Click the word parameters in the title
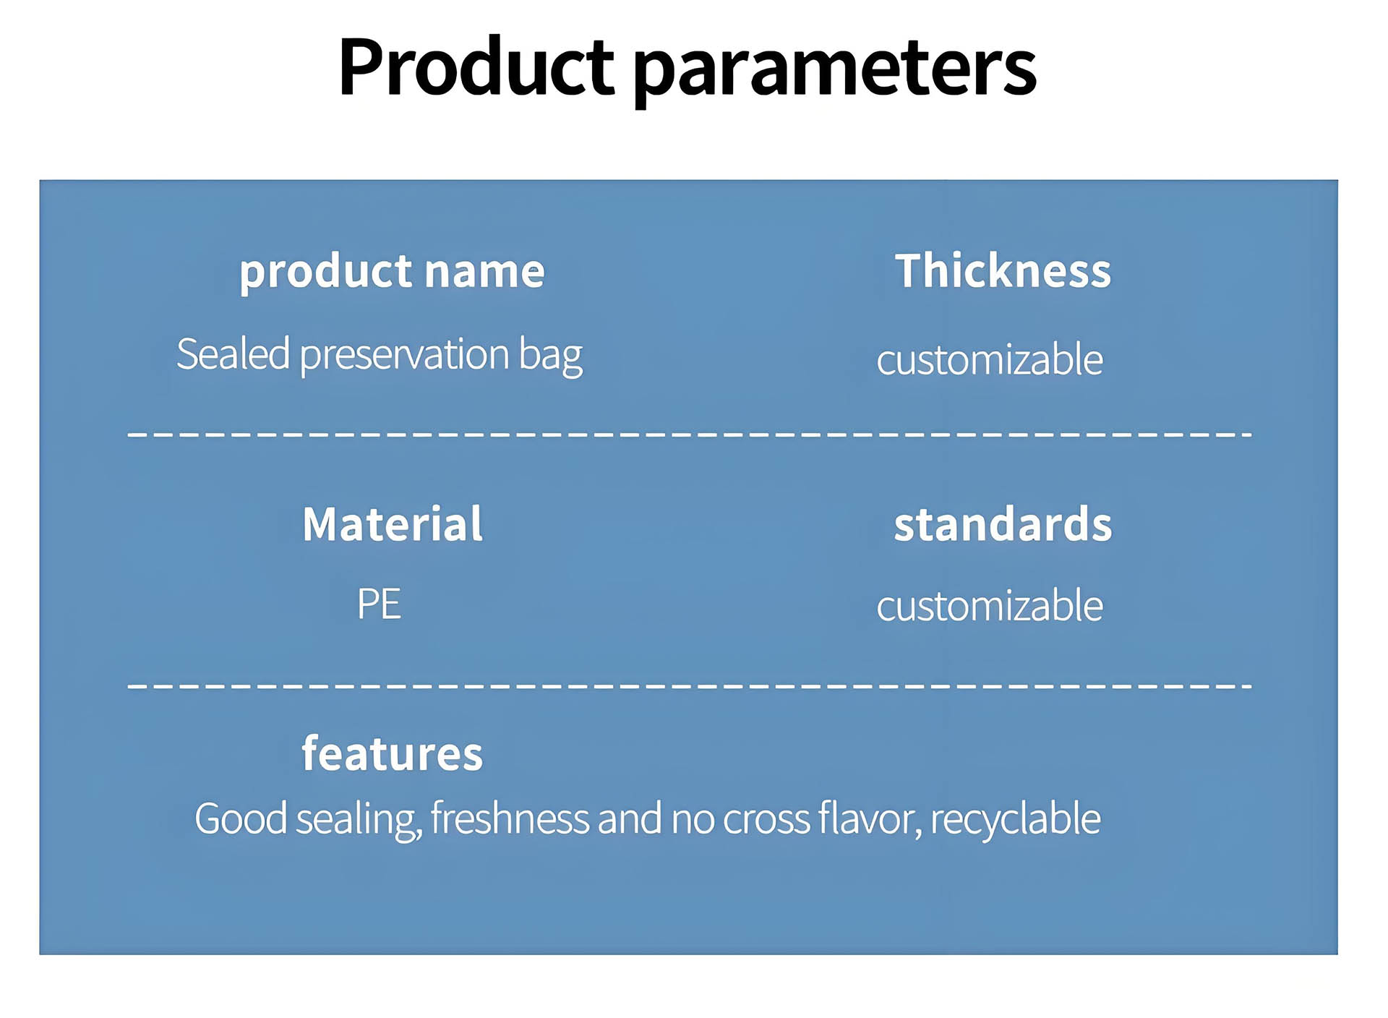836,71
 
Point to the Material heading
393,523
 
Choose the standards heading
1003,523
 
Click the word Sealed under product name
234,354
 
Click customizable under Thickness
990,359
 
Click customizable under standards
990,605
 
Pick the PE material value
379,604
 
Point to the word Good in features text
241,818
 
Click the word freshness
510,818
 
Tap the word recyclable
1016,818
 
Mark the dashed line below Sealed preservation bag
690,434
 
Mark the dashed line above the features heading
690,685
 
